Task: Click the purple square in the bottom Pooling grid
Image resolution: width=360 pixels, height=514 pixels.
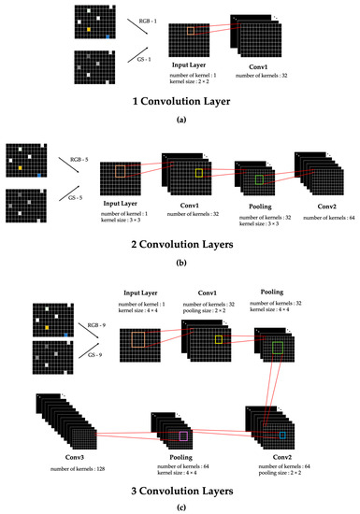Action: point(183,435)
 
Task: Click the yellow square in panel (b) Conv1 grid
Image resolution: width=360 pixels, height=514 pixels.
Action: point(198,174)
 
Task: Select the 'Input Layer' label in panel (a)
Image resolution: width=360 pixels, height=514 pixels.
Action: point(191,65)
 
